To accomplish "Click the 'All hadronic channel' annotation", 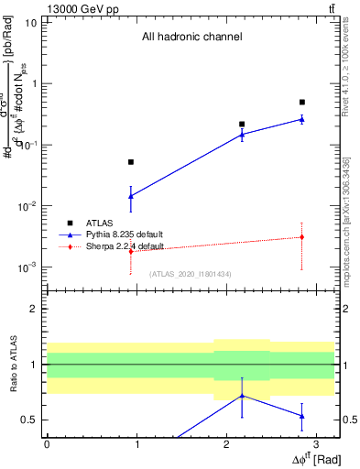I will pos(191,38).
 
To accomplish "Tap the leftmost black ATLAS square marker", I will pos(131,162).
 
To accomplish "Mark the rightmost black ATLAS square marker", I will pos(302,102).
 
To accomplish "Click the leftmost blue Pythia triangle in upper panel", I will pos(131,195).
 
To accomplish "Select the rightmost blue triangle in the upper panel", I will pos(302,118).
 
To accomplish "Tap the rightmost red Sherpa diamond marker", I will pos(302,237).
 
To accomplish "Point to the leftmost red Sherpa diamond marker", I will pos(131,251).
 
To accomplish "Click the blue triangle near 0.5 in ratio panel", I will pos(302,416).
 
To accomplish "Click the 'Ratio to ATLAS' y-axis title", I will pos(12,364).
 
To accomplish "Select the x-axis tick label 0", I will pos(47,443).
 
